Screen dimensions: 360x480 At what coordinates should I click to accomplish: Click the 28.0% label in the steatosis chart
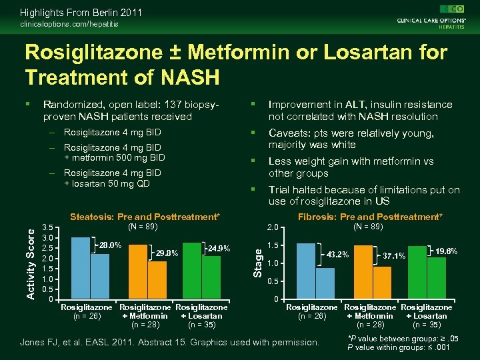109,245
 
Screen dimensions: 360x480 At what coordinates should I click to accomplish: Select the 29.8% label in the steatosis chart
166,253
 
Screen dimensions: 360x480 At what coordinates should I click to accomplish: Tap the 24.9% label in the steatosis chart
219,249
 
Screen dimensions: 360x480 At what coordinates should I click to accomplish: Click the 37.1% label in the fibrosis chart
394,256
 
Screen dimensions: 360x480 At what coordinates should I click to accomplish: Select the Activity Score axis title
30,261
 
